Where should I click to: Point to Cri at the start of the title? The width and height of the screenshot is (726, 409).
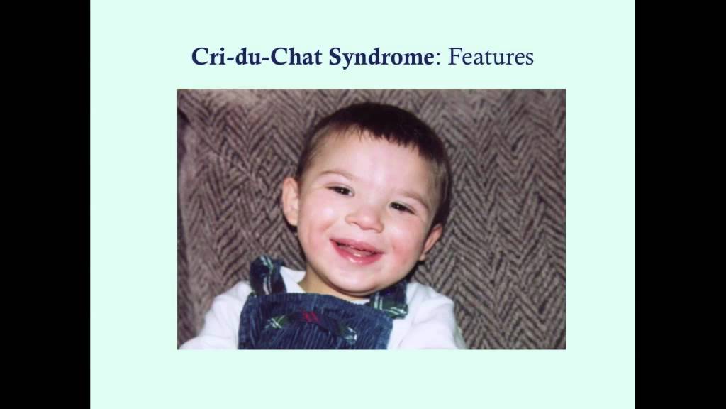207,57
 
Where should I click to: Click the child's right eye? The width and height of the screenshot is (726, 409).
341,191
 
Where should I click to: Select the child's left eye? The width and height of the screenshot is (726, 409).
400,207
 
